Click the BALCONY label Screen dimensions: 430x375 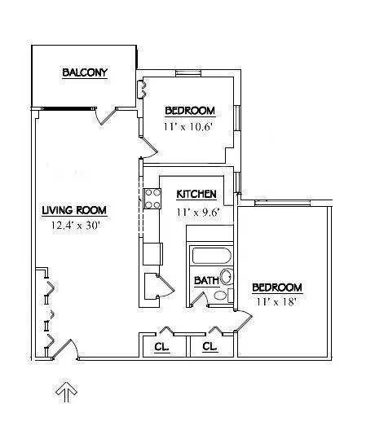tap(85, 73)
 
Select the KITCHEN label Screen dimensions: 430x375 tap(196, 194)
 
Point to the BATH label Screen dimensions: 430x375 tap(205, 280)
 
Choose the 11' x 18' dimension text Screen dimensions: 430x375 tap(276, 301)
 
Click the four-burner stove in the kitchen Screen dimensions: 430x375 tap(152, 199)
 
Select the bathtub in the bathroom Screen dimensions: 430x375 tap(210, 257)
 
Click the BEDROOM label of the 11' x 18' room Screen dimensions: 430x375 tap(277, 287)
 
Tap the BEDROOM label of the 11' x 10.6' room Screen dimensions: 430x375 tap(190, 111)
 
